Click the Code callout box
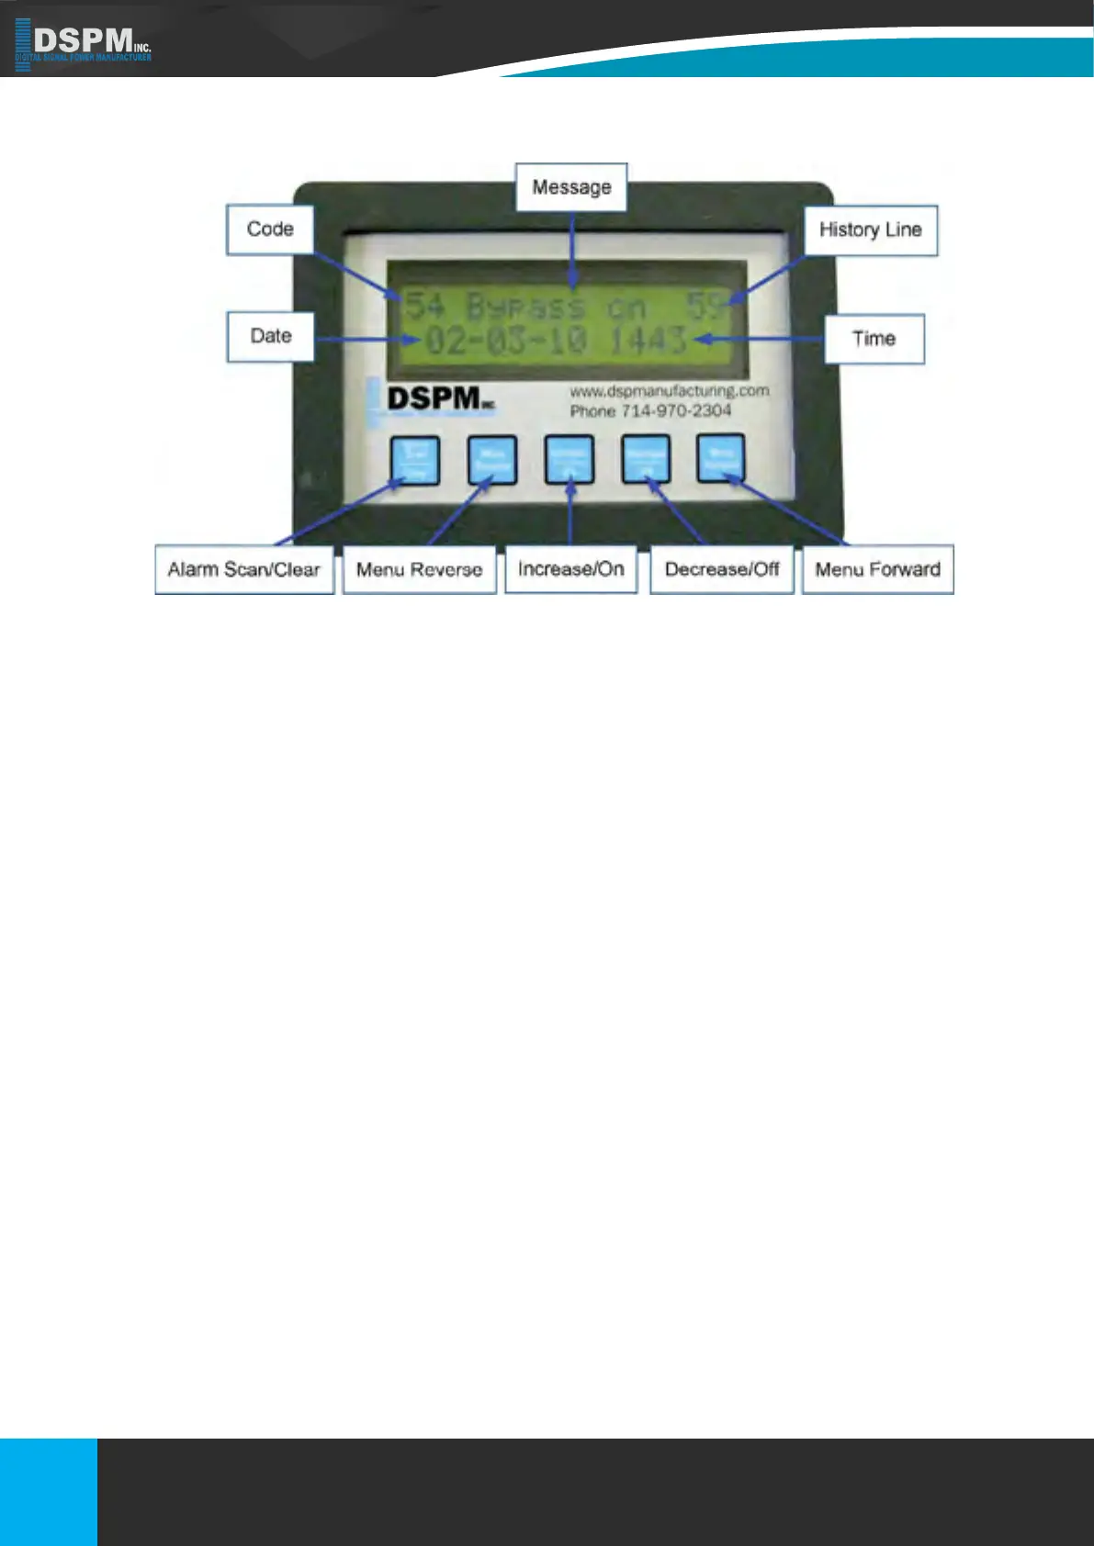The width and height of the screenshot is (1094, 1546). click(270, 230)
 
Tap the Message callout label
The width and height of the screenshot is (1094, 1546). click(571, 187)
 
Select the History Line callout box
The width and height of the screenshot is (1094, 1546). click(871, 230)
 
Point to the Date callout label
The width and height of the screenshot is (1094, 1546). click(271, 337)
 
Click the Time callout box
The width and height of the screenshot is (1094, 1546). click(874, 340)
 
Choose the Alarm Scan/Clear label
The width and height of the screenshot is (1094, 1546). click(244, 570)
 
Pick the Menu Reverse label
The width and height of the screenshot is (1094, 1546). click(419, 570)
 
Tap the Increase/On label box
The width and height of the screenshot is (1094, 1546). click(570, 569)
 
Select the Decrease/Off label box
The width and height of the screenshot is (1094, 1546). click(722, 570)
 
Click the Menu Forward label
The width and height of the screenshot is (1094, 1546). click(877, 570)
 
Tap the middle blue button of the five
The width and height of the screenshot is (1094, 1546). click(570, 459)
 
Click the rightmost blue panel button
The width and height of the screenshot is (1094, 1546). click(720, 458)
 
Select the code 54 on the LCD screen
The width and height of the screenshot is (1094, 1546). click(424, 305)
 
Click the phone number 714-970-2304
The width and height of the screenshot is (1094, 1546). click(675, 411)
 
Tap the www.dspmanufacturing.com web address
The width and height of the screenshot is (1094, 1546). click(669, 391)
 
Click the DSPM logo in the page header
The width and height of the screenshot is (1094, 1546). click(83, 43)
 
